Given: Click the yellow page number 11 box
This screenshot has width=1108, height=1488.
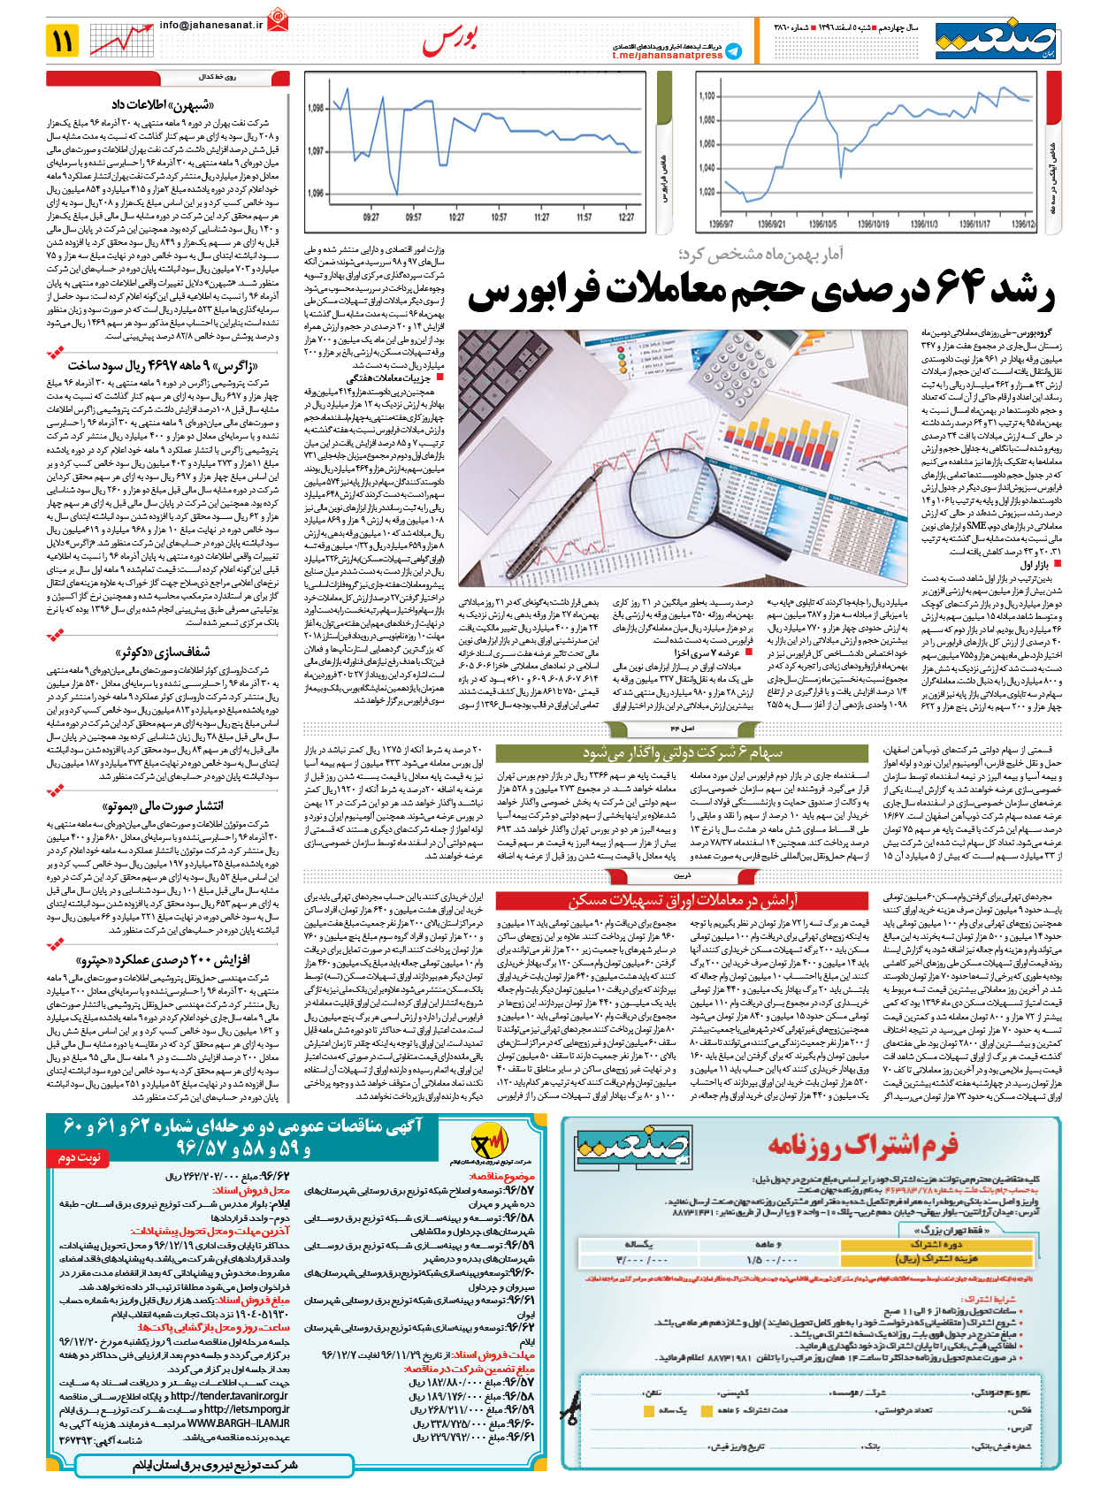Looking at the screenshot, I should click(x=64, y=41).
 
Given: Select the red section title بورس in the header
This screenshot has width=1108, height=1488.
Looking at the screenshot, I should click(x=452, y=39).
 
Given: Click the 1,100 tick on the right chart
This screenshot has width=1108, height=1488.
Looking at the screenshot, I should click(x=707, y=96).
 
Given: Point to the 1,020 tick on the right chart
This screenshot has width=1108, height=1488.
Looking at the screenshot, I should click(x=707, y=192).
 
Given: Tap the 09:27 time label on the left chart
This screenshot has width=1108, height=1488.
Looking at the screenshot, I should click(x=371, y=217).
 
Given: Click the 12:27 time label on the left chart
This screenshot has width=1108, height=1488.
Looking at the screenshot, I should click(x=625, y=217).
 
